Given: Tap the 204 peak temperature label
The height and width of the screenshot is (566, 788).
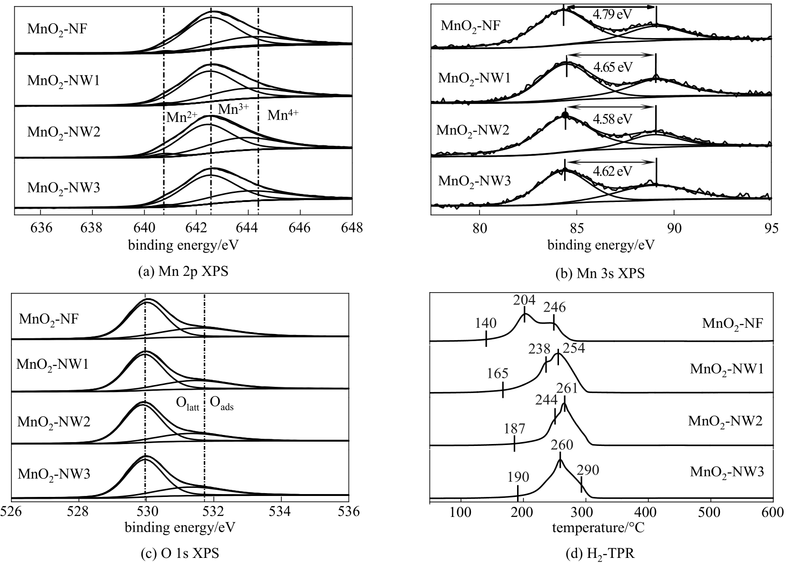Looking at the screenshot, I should point(524,301).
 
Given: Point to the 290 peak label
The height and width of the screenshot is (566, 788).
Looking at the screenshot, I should point(588,470).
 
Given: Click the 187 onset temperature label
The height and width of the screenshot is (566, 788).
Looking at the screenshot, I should point(514,428).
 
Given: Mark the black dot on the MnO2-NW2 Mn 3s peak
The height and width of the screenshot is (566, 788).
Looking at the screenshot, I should point(565,115).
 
